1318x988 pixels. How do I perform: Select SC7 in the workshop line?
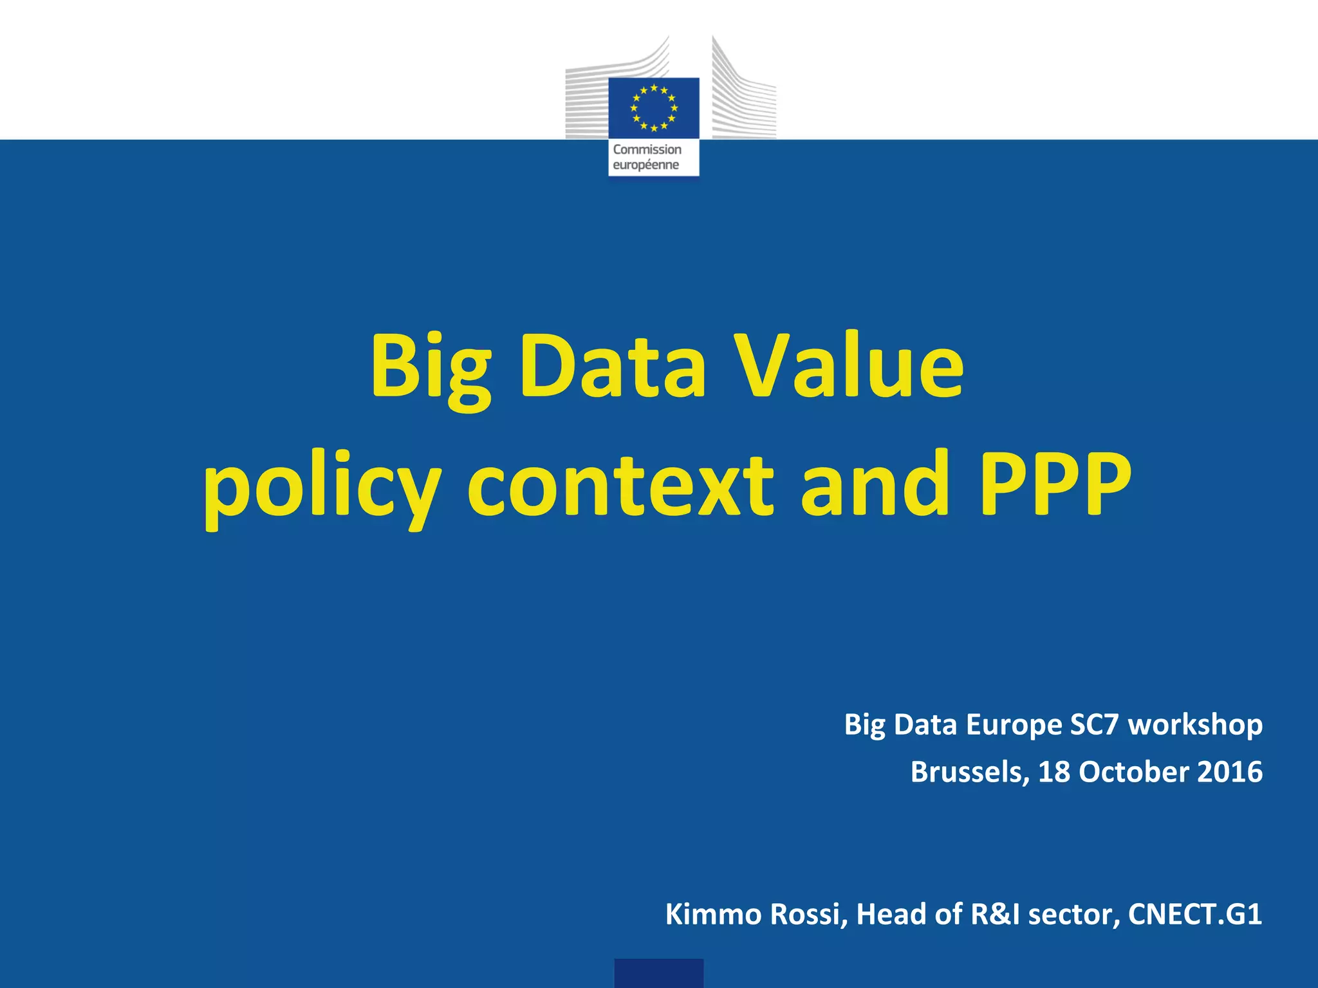[x=1094, y=724]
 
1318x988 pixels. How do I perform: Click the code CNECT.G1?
[x=1195, y=914]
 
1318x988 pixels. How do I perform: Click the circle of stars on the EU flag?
[x=654, y=107]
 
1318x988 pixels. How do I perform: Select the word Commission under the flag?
[x=647, y=150]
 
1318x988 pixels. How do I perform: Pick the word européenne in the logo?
[x=645, y=165]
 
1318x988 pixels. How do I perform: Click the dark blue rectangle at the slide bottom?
[x=658, y=973]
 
